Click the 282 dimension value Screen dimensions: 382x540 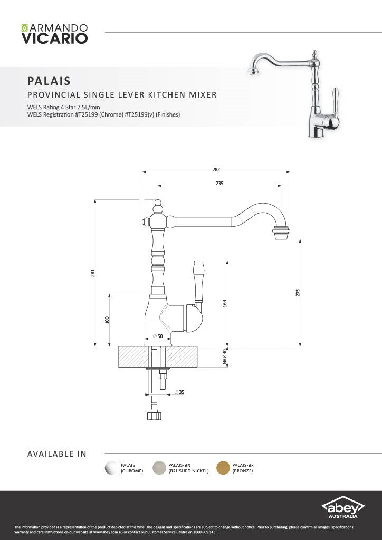[x=216, y=169]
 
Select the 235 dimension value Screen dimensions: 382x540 [x=219, y=183]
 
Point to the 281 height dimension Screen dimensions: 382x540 [x=92, y=273]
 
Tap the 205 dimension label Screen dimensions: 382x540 [x=298, y=292]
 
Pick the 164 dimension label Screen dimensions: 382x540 [x=225, y=303]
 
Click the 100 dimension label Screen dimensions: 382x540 [x=107, y=320]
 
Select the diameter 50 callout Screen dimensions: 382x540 [x=158, y=336]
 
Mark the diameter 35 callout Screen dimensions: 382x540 [x=179, y=392]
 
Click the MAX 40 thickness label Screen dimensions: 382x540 [x=225, y=357]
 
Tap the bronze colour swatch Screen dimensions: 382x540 [x=223, y=468]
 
